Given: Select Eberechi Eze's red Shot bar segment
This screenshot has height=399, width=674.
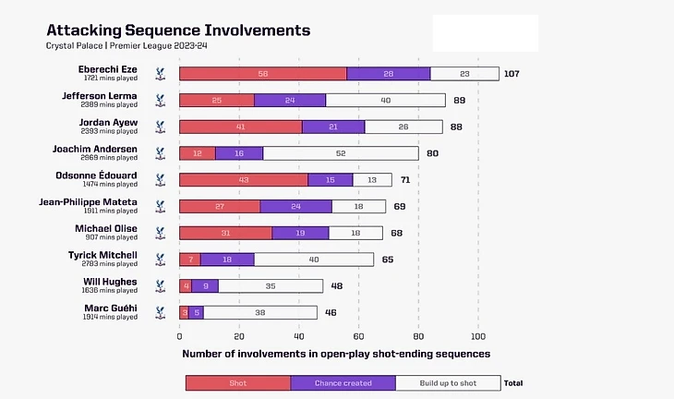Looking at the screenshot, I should (262, 74).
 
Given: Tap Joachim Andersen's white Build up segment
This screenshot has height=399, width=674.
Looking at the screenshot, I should (341, 153).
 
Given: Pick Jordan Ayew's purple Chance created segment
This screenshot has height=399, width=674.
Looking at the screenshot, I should (333, 127).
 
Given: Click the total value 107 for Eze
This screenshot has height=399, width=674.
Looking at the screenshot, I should (513, 74).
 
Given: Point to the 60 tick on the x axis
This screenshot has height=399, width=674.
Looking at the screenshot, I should (359, 336).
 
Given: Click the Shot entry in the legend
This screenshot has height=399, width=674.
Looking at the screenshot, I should (238, 382).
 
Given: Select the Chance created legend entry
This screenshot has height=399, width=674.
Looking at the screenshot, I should (343, 382).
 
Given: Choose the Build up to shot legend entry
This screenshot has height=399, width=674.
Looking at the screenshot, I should (448, 382).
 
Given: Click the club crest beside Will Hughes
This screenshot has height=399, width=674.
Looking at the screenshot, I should (160, 286).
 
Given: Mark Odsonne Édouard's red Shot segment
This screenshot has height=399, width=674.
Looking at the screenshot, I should (243, 179).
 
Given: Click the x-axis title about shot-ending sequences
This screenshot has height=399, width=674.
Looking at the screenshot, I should (335, 354).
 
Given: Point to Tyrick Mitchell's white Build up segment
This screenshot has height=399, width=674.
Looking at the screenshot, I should (315, 260).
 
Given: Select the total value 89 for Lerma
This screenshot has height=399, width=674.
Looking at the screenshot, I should (459, 101).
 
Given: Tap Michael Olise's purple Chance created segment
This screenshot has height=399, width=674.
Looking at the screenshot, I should (300, 233).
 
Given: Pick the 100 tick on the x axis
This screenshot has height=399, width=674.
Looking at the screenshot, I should (478, 336).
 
